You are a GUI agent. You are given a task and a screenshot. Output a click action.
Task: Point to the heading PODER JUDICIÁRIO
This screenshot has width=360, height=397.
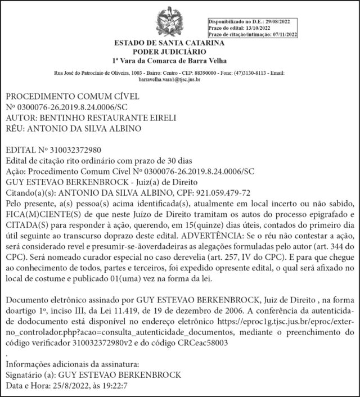tap(170, 52)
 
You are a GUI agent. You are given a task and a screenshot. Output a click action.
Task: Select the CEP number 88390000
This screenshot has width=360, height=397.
tap(210, 74)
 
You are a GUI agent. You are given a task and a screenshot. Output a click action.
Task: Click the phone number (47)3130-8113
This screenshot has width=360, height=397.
tap(251, 74)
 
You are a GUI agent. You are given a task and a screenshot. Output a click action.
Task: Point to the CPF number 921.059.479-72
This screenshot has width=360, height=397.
tap(232, 192)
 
